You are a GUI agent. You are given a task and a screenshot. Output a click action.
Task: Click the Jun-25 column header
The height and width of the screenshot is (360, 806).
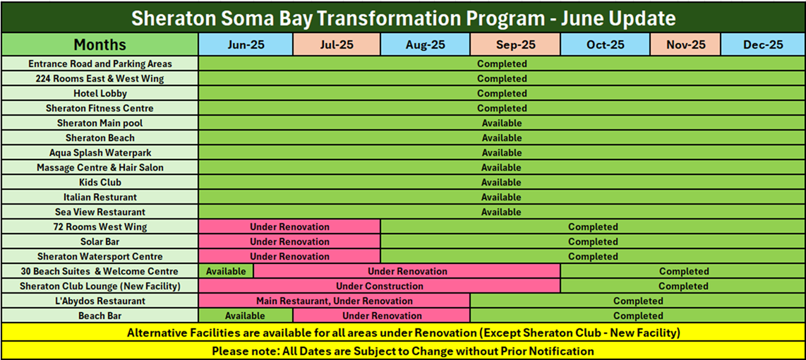pyautogui.click(x=246, y=44)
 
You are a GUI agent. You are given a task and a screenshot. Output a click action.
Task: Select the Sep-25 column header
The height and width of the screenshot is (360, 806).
pyautogui.click(x=515, y=44)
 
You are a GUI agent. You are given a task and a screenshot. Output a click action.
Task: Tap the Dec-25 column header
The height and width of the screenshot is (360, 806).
pyautogui.click(x=763, y=44)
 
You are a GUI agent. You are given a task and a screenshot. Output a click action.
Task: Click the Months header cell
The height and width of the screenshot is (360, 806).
pyautogui.click(x=100, y=44)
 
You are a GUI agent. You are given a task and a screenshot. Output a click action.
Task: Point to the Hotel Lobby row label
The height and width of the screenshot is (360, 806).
pyautogui.click(x=100, y=94)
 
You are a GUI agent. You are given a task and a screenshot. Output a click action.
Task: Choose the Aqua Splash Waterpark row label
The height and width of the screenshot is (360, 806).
pyautogui.click(x=100, y=152)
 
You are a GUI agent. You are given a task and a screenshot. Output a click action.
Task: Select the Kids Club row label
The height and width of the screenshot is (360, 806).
pyautogui.click(x=100, y=183)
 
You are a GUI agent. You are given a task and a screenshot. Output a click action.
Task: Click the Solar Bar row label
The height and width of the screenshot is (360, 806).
pyautogui.click(x=100, y=241)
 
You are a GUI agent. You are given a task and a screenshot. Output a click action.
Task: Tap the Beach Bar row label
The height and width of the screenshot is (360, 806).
pyautogui.click(x=100, y=316)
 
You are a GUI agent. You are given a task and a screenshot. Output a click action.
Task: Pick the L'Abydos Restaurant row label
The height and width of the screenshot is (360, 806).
pyautogui.click(x=100, y=301)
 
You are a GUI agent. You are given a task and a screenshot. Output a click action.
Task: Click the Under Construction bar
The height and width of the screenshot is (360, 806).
pyautogui.click(x=379, y=286)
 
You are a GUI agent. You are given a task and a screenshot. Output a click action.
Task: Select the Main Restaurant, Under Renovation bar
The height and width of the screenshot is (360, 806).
pyautogui.click(x=334, y=301)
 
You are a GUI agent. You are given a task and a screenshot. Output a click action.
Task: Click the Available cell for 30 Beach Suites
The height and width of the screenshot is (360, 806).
pyautogui.click(x=226, y=271)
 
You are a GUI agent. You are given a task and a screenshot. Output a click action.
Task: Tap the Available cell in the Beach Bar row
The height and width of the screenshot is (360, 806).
pyautogui.click(x=245, y=316)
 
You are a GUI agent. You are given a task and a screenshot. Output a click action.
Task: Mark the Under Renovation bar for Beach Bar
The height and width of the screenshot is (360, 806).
pyautogui.click(x=381, y=316)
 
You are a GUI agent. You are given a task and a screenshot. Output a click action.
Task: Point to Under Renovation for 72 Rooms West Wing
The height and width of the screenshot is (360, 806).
pyautogui.click(x=289, y=227)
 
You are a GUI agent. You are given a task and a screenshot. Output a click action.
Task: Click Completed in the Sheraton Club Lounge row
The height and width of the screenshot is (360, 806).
pyautogui.click(x=683, y=286)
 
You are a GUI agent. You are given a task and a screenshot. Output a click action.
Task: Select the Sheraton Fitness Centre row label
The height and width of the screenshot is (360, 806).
pyautogui.click(x=100, y=109)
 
